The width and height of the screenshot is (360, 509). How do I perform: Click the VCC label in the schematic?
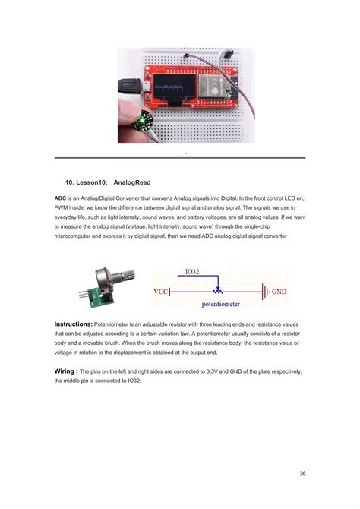tap(161, 291)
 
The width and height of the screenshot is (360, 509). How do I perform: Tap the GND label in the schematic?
tap(279, 291)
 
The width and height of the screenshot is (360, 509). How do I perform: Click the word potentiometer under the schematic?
tap(220, 305)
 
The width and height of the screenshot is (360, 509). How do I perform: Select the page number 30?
tap(302, 473)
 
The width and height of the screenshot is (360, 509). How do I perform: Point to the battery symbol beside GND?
tap(265, 290)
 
